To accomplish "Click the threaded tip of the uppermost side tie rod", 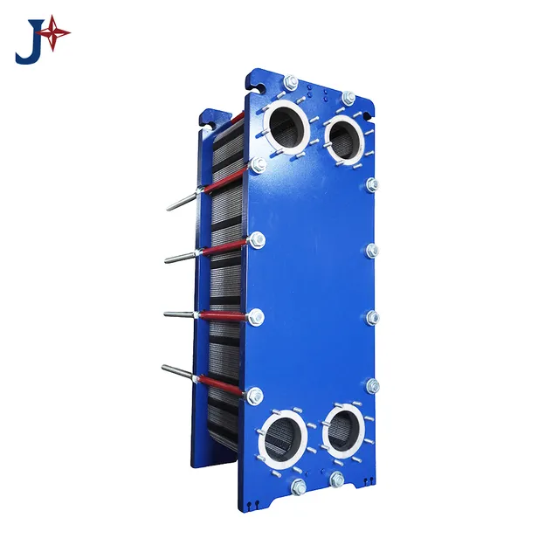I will click(169, 207).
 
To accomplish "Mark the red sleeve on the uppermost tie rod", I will click(225, 178).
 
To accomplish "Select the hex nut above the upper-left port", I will click(291, 83).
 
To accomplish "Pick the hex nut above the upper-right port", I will click(348, 97).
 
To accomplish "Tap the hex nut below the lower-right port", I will click(337, 479).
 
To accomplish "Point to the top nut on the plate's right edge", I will click(373, 184).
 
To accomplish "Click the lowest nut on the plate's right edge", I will click(373, 385).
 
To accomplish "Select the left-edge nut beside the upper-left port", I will click(258, 164).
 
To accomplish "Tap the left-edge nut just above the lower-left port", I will click(255, 397).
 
